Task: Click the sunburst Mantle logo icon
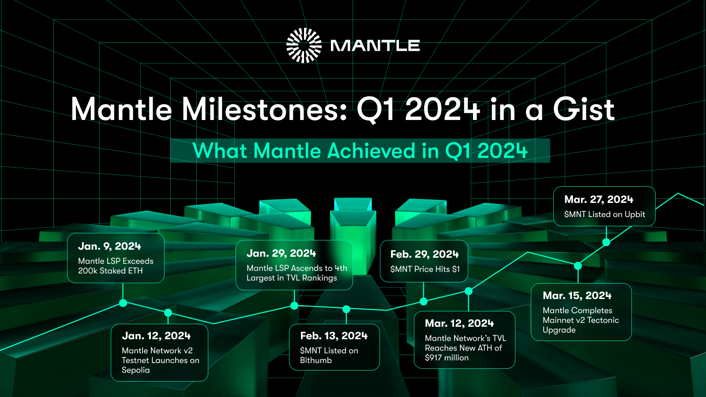[x=304, y=45]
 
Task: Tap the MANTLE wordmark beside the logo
[x=375, y=45]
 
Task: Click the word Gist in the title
[x=583, y=109]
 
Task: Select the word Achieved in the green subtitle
[x=371, y=151]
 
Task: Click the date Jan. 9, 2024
[x=109, y=246]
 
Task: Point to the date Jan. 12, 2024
[x=156, y=336]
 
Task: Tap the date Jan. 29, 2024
[x=281, y=253]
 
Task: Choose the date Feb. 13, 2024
[x=334, y=336]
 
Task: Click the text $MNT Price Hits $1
[x=424, y=269]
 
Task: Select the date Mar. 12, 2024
[x=459, y=323]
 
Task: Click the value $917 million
[x=447, y=358]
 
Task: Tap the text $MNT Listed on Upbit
[x=604, y=214]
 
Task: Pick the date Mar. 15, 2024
[x=577, y=296]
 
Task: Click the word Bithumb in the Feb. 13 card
[x=316, y=360]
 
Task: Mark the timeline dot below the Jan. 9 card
[x=123, y=303]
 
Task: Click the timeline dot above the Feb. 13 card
[x=346, y=309]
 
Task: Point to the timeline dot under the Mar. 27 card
[x=606, y=242]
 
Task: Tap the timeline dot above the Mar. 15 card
[x=578, y=266]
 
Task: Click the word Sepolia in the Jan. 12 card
[x=135, y=370]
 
